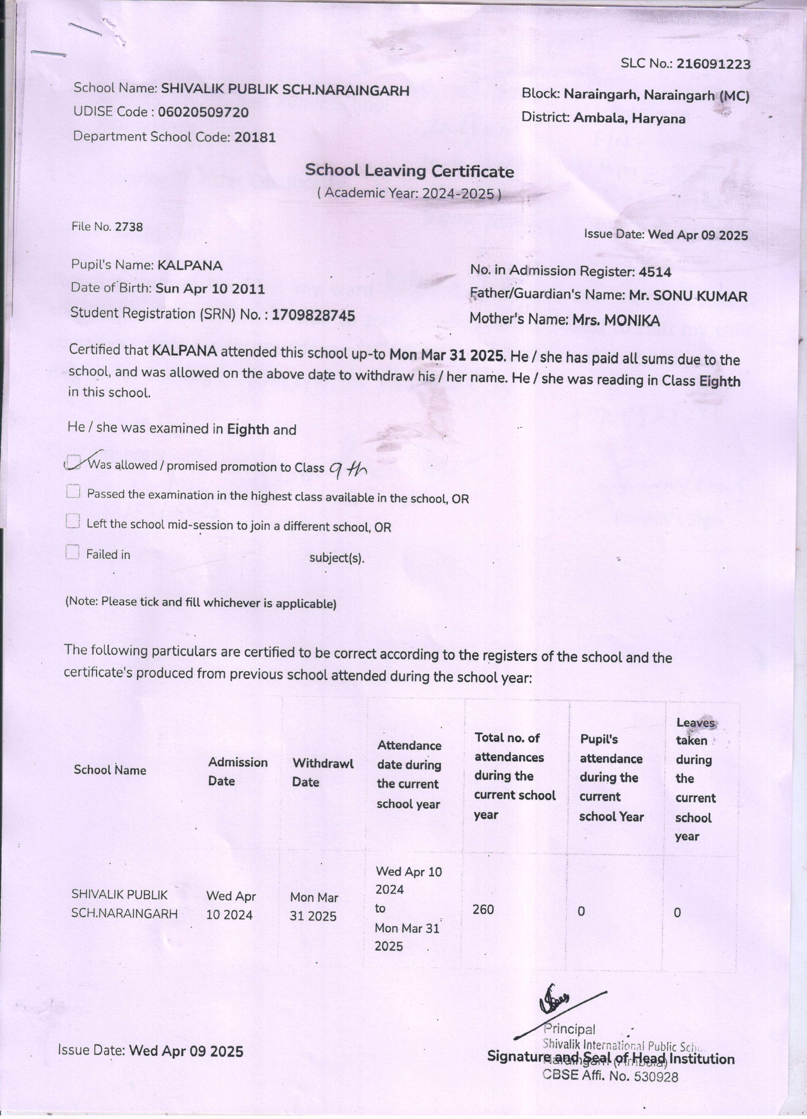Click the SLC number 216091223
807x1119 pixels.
(x=713, y=64)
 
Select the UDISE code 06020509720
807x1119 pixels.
(x=203, y=113)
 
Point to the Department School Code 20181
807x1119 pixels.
(x=255, y=137)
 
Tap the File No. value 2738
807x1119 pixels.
(x=129, y=227)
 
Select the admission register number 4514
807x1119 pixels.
(x=654, y=272)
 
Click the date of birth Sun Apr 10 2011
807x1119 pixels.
(x=210, y=289)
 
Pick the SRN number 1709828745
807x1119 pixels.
(x=313, y=315)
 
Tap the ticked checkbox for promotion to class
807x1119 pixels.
(x=73, y=461)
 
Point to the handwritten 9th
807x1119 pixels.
(x=348, y=471)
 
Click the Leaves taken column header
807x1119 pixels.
(x=695, y=780)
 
